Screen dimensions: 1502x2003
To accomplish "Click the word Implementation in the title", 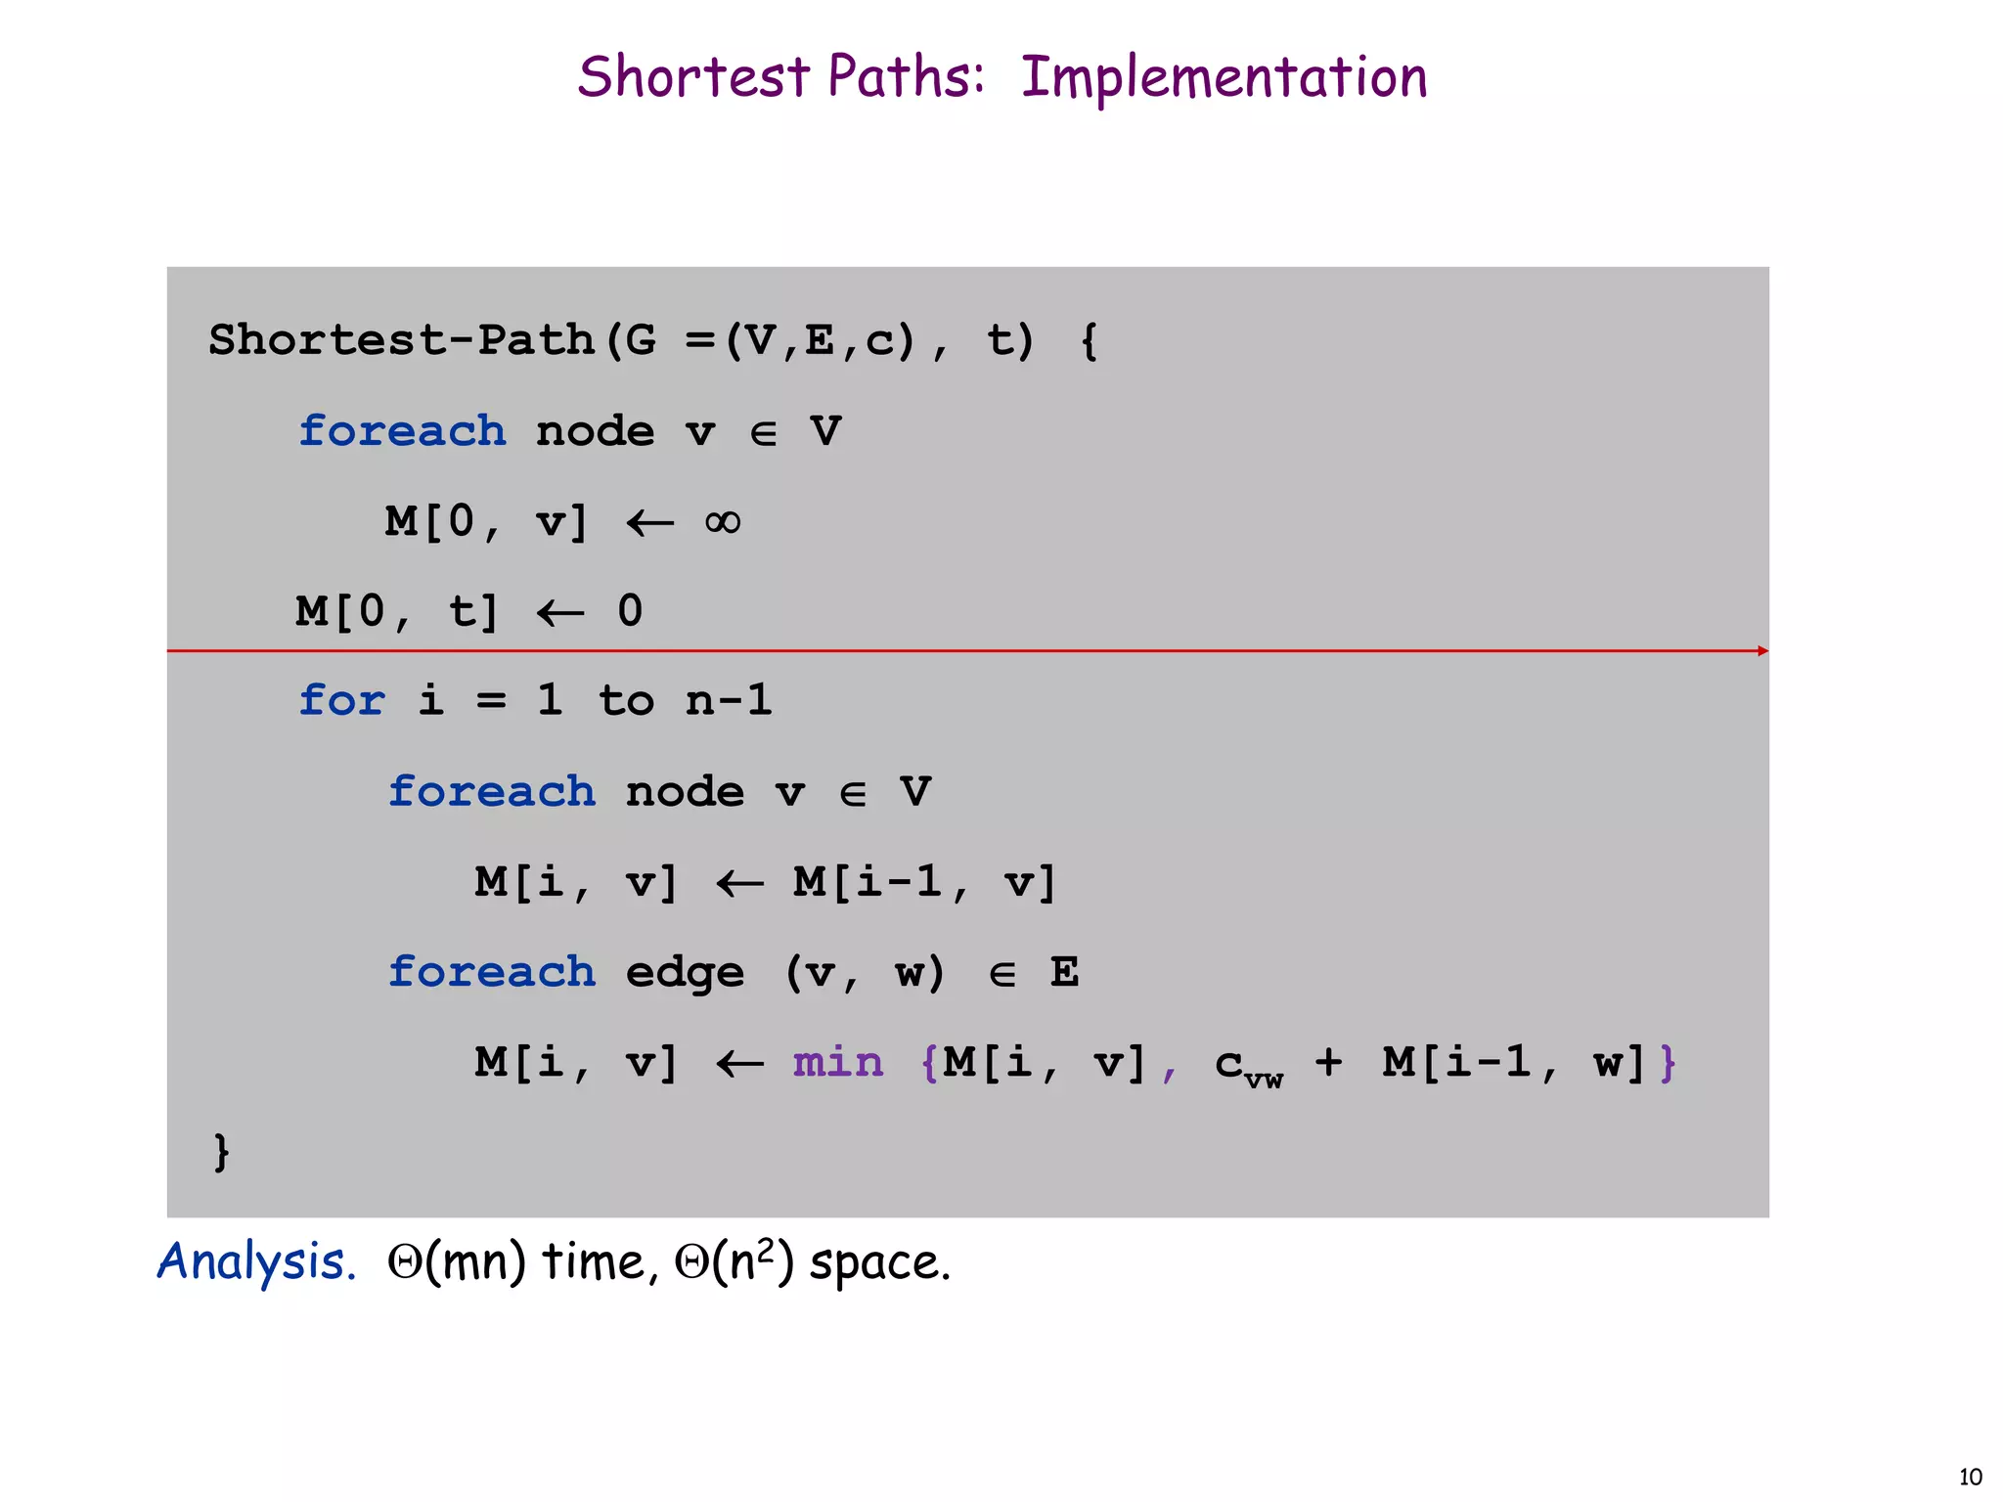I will click(1224, 78).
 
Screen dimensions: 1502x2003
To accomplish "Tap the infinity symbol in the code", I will click(723, 522).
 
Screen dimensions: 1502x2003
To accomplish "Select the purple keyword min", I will click(838, 1062).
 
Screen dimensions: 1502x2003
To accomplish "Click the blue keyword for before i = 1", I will click(342, 701).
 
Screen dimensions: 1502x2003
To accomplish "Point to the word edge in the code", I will click(685, 973).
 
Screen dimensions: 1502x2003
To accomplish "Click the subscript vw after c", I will click(1264, 1080).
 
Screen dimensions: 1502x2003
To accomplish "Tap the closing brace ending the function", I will click(222, 1152).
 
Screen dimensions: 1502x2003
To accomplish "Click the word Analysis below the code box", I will click(256, 1261).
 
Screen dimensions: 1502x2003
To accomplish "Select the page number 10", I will click(1970, 1478).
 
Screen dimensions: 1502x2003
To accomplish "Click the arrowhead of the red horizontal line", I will click(1762, 651).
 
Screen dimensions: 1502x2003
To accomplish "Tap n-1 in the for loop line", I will click(729, 701).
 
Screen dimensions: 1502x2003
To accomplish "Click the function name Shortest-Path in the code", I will click(401, 340).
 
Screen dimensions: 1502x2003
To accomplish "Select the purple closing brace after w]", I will click(1668, 1063).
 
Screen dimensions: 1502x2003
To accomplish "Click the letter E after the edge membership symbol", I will click(1064, 972).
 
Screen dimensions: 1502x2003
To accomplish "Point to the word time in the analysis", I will click(593, 1261).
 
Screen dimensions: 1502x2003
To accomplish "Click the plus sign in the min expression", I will click(1328, 1062).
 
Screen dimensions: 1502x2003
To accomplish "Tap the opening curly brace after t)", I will click(1090, 341).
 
